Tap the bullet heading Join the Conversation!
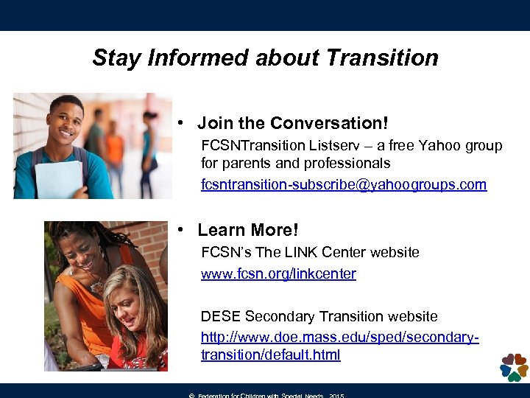[x=292, y=122]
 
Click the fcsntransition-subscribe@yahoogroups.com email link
[x=344, y=184]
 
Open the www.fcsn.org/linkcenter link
[x=278, y=274]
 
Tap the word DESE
[x=220, y=317]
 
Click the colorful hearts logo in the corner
[x=513, y=367]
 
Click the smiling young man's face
[x=66, y=119]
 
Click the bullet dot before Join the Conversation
[x=180, y=123]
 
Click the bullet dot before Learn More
[x=180, y=231]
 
